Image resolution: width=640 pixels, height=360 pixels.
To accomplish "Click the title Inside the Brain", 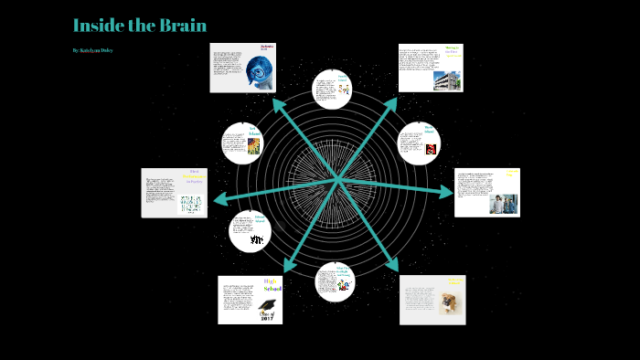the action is coord(139,25).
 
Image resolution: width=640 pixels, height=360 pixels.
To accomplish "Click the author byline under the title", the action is coord(91,50).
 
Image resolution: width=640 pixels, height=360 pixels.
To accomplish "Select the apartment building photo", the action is coord(448,78).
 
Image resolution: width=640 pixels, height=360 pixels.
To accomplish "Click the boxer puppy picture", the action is coord(448,302).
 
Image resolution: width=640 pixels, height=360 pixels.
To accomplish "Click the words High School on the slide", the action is coord(272,286).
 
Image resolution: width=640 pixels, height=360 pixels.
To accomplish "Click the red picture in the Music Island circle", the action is coord(431,148).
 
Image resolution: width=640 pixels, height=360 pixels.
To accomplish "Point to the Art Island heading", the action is coord(253,130).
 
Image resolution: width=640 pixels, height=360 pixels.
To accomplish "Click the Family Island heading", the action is coord(343,79).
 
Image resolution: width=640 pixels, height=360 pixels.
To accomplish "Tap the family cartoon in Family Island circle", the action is coord(343,90).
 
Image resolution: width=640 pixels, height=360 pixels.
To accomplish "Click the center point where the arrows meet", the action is coord(338,178).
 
